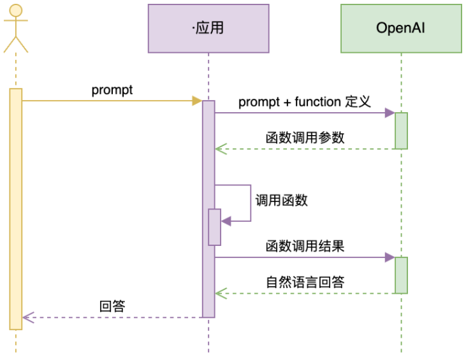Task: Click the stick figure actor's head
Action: point(16,11)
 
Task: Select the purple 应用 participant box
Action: point(208,28)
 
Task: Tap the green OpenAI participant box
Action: point(400,28)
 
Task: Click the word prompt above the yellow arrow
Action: point(112,90)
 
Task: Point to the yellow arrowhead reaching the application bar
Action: point(197,101)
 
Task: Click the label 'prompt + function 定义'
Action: point(304,102)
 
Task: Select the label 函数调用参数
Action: point(305,138)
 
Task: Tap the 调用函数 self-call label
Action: point(281,200)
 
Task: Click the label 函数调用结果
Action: point(305,246)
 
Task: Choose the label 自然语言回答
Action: point(305,282)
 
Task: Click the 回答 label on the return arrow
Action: point(112,306)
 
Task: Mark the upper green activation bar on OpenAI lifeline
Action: point(401,131)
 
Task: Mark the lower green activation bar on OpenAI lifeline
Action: point(401,275)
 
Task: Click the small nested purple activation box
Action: point(214,227)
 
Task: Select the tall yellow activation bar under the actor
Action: point(16,209)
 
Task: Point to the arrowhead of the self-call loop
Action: point(225,221)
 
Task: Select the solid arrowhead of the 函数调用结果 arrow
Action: point(390,257)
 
